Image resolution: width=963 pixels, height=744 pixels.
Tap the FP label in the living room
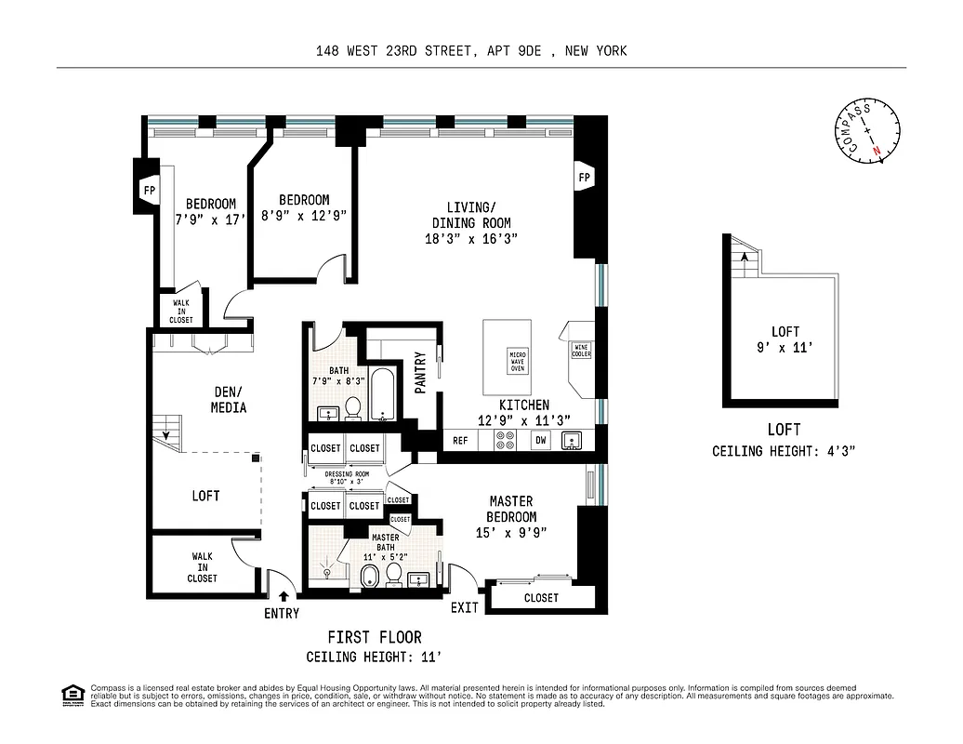point(585,177)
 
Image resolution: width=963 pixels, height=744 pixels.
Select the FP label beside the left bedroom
point(149,190)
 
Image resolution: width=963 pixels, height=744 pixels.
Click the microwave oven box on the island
point(517,362)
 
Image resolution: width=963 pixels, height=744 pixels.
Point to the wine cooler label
point(580,350)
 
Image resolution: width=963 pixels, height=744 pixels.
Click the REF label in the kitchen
point(460,441)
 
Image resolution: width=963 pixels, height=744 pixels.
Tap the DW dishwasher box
point(540,441)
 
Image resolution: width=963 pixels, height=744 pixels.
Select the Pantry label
point(420,371)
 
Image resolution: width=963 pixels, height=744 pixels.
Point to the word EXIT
point(464,607)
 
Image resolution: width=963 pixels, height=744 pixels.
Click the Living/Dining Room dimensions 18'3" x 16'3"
point(470,239)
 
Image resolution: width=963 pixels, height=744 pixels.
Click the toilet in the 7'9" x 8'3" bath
point(353,407)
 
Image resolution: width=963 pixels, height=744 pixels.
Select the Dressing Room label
point(347,474)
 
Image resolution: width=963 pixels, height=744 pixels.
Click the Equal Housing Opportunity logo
point(71,694)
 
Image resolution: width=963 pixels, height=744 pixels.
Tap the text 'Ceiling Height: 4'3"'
point(783,451)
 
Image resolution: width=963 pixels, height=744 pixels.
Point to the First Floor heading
point(374,637)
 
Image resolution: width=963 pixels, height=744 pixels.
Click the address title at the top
point(471,51)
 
